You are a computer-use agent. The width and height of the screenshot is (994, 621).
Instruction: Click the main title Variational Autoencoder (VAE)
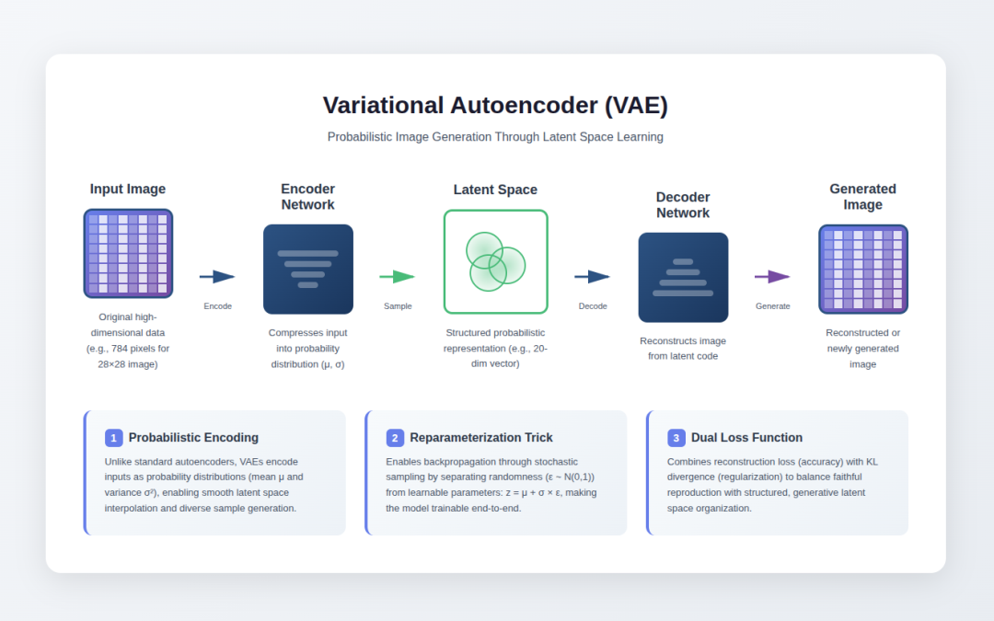(x=495, y=106)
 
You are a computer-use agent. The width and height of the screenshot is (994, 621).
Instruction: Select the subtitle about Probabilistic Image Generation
(x=495, y=137)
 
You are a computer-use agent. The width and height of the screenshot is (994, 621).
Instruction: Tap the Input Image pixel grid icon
(x=128, y=253)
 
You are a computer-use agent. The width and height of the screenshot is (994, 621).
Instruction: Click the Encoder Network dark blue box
(x=308, y=270)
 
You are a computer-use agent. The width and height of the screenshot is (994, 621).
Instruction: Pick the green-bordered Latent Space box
(x=495, y=261)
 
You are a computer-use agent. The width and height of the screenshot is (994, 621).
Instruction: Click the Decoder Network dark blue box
(x=683, y=277)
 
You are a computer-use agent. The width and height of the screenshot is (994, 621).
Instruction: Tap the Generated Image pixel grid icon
(x=862, y=269)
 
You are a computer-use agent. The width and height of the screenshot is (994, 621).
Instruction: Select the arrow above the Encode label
(x=217, y=277)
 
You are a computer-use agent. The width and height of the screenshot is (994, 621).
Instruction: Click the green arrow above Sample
(x=398, y=277)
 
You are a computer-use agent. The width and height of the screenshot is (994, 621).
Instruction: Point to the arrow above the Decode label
(x=593, y=277)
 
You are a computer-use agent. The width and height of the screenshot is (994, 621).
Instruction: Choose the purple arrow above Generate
(x=772, y=277)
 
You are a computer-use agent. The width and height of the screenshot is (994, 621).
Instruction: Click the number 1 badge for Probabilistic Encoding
(x=114, y=438)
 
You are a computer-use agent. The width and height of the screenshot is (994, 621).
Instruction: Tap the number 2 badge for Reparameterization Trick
(x=395, y=438)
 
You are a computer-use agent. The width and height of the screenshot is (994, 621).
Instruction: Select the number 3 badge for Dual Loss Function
(x=676, y=438)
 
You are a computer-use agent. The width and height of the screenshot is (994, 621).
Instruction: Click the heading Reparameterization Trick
(x=481, y=438)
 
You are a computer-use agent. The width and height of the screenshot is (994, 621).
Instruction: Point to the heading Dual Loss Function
(x=746, y=438)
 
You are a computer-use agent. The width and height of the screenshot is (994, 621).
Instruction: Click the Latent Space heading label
(x=495, y=190)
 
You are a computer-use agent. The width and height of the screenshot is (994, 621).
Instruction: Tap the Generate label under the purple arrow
(x=772, y=306)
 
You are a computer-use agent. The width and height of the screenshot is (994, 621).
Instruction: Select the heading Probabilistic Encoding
(x=193, y=438)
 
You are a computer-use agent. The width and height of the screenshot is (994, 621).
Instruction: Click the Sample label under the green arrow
(x=398, y=306)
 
